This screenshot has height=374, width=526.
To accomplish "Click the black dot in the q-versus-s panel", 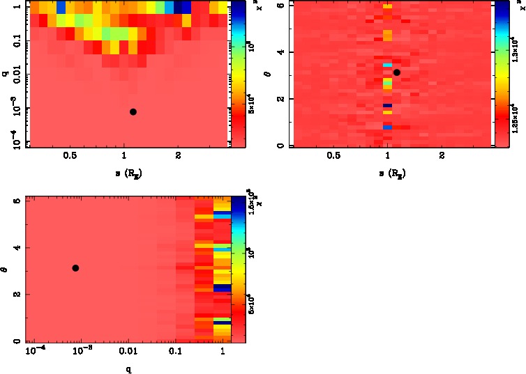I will [133, 111].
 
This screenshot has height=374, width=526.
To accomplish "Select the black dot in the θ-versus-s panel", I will [397, 72].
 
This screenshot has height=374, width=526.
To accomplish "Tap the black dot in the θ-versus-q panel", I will [75, 268].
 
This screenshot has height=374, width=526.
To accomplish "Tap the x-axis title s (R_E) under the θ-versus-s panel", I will [391, 172].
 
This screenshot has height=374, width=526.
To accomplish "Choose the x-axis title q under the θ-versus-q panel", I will [128, 369].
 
